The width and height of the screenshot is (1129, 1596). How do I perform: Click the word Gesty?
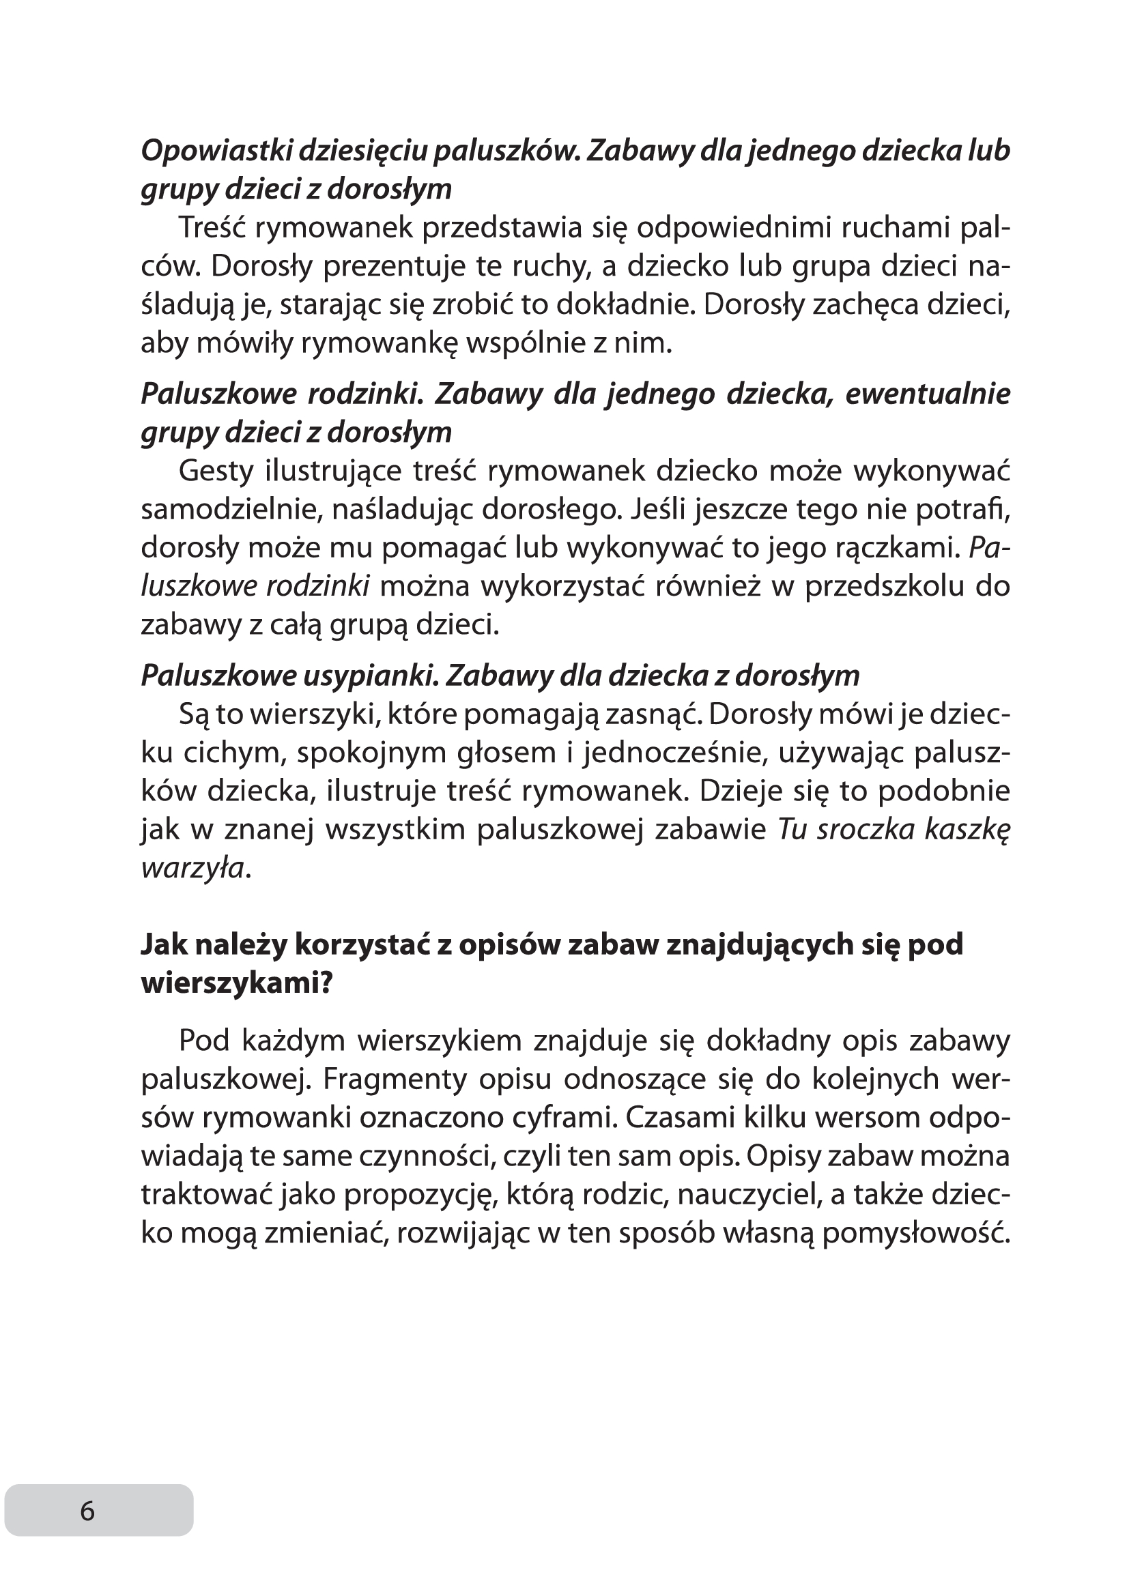click(x=215, y=471)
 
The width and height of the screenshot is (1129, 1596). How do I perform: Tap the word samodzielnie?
click(x=230, y=510)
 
